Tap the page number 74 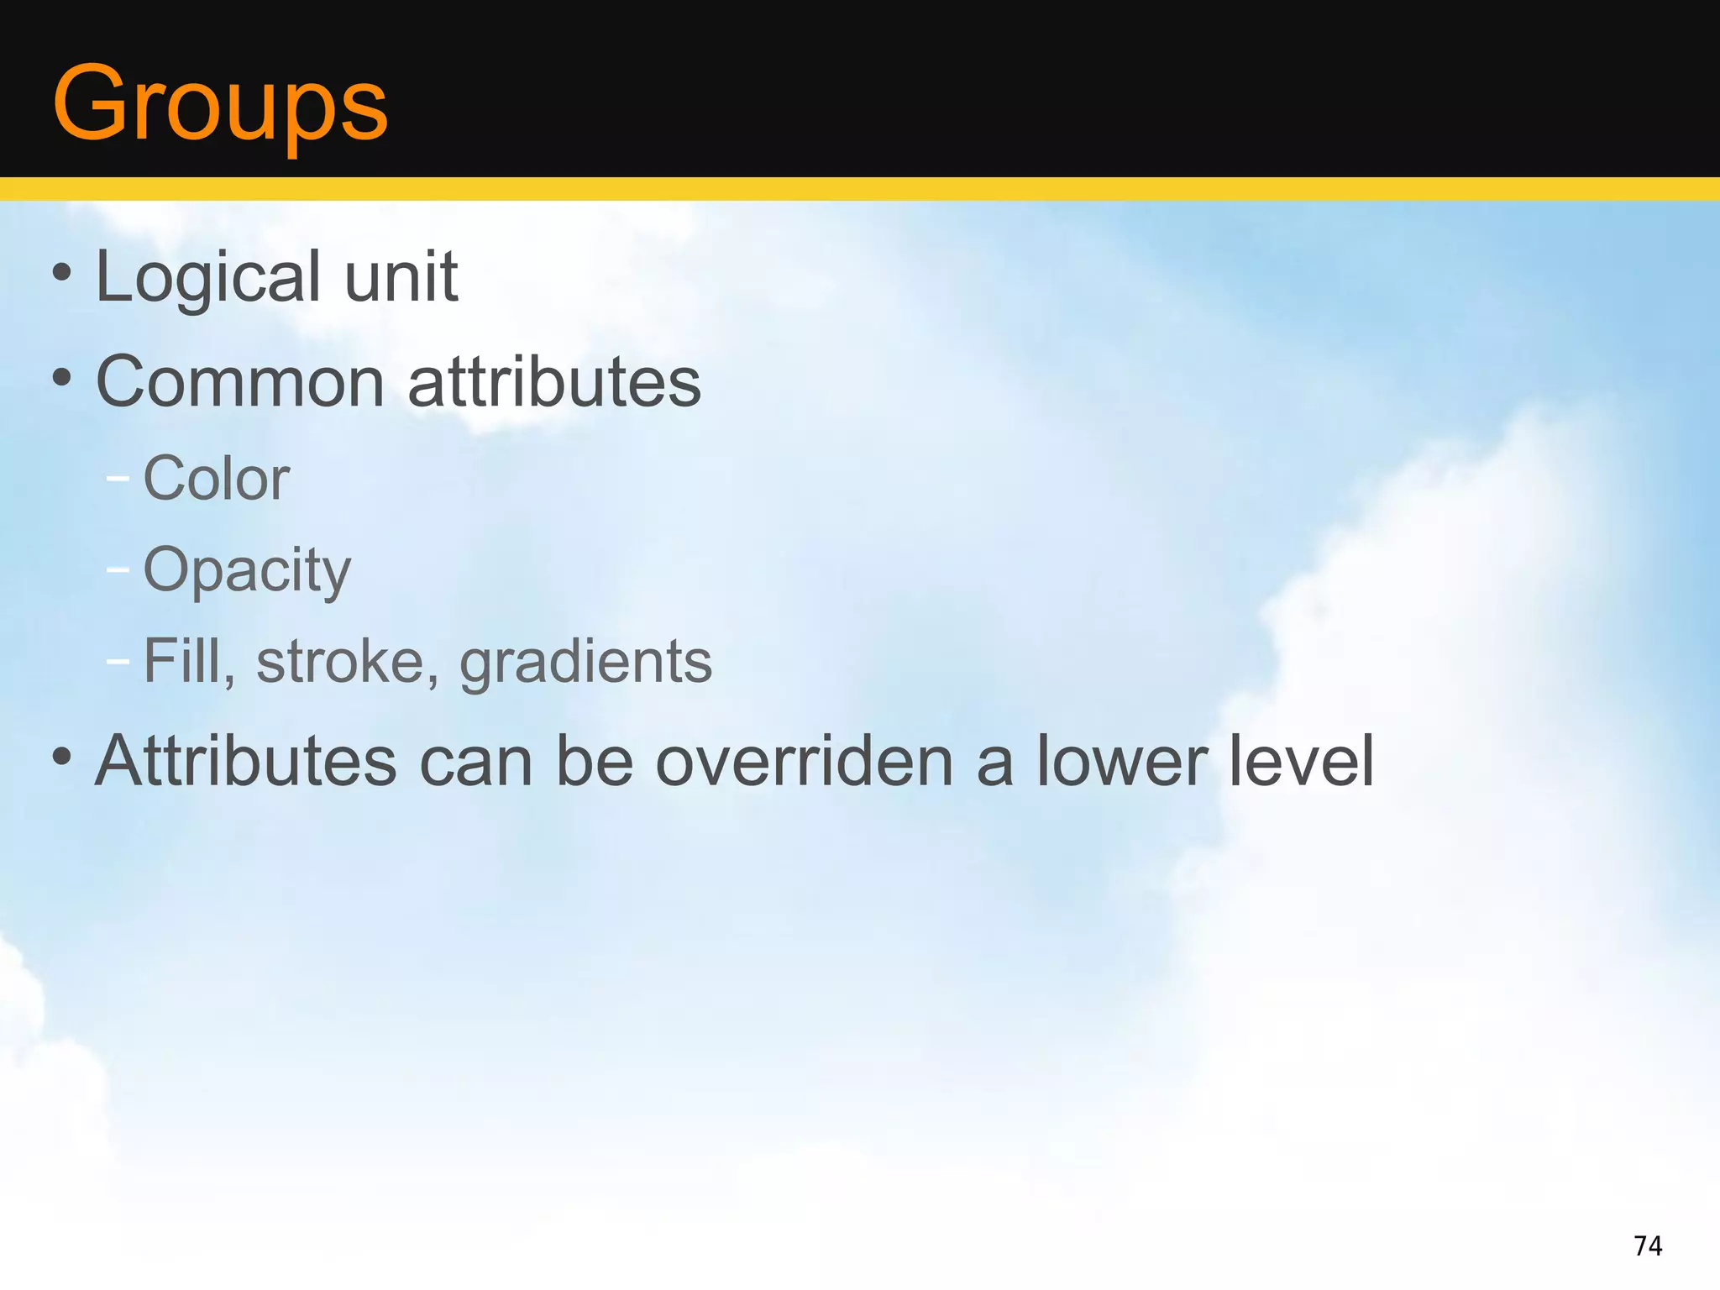(x=1648, y=1245)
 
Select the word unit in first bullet (x=401, y=277)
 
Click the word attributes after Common (x=554, y=382)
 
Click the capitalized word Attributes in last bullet (x=245, y=761)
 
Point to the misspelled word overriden (x=804, y=761)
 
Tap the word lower (x=1122, y=761)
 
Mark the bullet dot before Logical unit (x=61, y=272)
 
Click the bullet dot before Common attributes (x=61, y=377)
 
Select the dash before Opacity (x=118, y=570)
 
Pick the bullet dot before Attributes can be (x=61, y=756)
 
